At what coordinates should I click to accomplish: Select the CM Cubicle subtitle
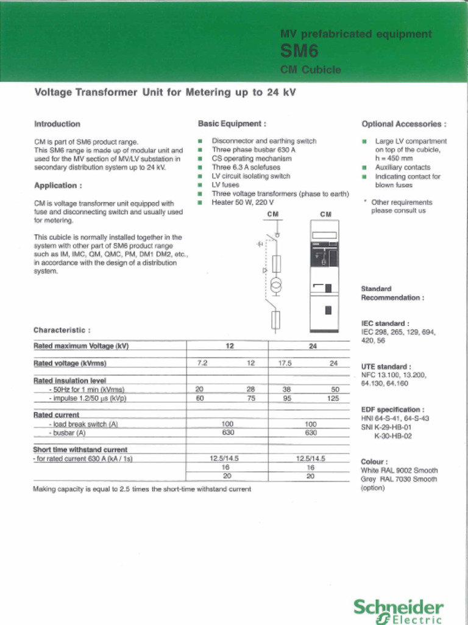coord(310,70)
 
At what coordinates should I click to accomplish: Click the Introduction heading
coord(57,124)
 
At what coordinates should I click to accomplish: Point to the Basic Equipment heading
coord(232,124)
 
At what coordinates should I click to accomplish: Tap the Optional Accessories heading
coord(403,124)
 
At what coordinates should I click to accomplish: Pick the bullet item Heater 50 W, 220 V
coord(243,202)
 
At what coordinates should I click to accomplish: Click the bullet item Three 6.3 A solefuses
coord(246,167)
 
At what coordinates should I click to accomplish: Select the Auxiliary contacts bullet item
coord(402,167)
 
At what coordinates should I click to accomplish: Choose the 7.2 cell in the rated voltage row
coord(202,363)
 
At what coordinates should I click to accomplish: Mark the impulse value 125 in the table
coord(332,398)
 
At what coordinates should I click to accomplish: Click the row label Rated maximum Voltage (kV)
coord(81,346)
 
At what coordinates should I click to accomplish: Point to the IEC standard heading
coord(385,323)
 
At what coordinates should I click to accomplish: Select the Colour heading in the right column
coord(374,462)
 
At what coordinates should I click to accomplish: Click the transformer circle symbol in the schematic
coord(275,285)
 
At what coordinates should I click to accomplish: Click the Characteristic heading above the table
coord(62,330)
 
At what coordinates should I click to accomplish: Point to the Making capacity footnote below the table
coord(141,489)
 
